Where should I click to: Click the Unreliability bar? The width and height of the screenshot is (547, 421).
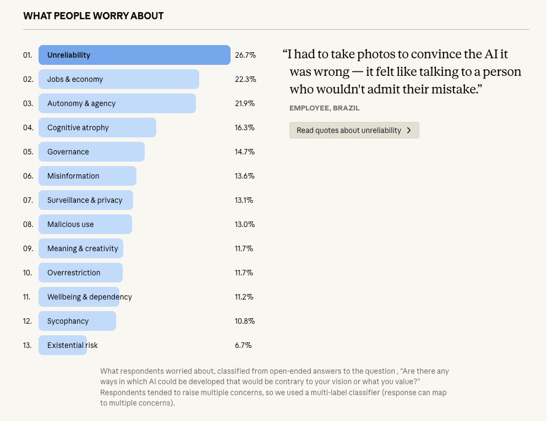click(x=134, y=55)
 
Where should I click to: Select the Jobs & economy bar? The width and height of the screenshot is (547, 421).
click(x=118, y=79)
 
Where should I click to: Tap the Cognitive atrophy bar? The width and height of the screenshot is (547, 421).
click(x=97, y=128)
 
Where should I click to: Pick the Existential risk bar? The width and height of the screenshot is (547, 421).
click(x=63, y=345)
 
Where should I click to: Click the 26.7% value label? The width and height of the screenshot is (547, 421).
click(x=245, y=55)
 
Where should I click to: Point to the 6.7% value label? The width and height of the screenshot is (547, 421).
click(x=243, y=345)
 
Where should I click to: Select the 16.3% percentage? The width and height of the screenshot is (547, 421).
click(x=245, y=128)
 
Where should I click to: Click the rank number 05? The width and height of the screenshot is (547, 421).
click(x=28, y=152)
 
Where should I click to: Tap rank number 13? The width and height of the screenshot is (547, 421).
click(x=28, y=345)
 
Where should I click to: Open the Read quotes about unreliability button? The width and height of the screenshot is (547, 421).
click(x=354, y=130)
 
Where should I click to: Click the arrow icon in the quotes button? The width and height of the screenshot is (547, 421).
click(x=409, y=130)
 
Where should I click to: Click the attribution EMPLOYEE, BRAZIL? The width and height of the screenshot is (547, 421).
click(x=324, y=108)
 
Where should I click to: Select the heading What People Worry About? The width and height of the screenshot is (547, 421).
click(x=93, y=15)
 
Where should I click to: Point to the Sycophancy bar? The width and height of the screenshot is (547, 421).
click(x=77, y=321)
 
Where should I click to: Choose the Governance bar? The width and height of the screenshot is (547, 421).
click(x=91, y=152)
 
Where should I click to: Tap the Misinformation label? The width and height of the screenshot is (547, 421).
click(x=73, y=176)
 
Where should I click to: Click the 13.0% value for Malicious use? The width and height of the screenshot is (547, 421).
click(x=245, y=224)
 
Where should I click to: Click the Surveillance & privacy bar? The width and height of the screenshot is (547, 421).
click(x=85, y=200)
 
